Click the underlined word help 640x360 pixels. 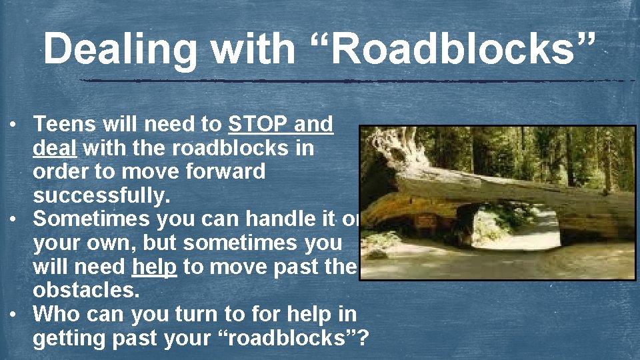155,267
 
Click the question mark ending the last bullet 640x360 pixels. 363,337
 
